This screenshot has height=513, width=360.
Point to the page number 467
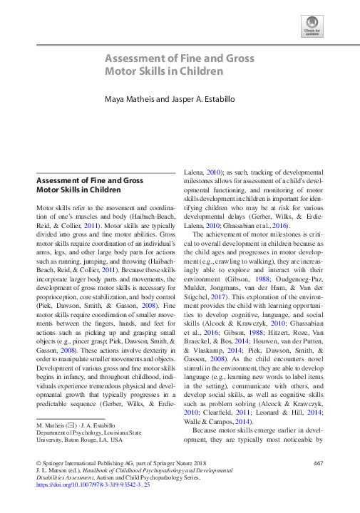[319, 464]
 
